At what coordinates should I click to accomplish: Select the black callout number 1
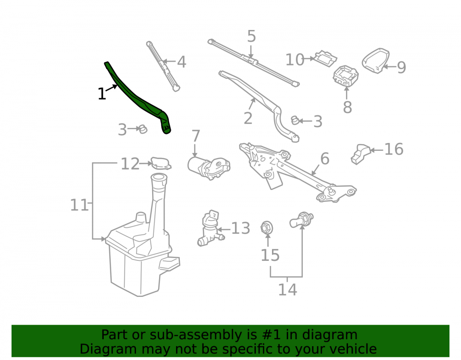pyautogui.click(x=102, y=94)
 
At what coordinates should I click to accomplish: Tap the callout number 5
pyautogui.click(x=251, y=36)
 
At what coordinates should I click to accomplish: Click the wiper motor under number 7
pyautogui.click(x=209, y=168)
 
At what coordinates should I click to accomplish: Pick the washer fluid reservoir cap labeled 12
pyautogui.click(x=161, y=163)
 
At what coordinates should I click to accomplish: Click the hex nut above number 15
pyautogui.click(x=266, y=227)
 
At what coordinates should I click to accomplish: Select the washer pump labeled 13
pyautogui.click(x=211, y=229)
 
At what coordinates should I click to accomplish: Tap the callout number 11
pyautogui.click(x=79, y=205)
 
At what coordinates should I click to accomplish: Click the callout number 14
pyautogui.click(x=288, y=290)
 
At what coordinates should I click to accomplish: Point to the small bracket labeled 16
pyautogui.click(x=361, y=153)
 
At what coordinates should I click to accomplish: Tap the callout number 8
pyautogui.click(x=347, y=107)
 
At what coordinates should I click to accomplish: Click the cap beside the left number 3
pyautogui.click(x=143, y=129)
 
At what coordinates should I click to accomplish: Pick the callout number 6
pyautogui.click(x=325, y=159)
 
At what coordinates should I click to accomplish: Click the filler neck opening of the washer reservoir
pyautogui.click(x=159, y=177)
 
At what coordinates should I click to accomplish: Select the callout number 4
pyautogui.click(x=181, y=62)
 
